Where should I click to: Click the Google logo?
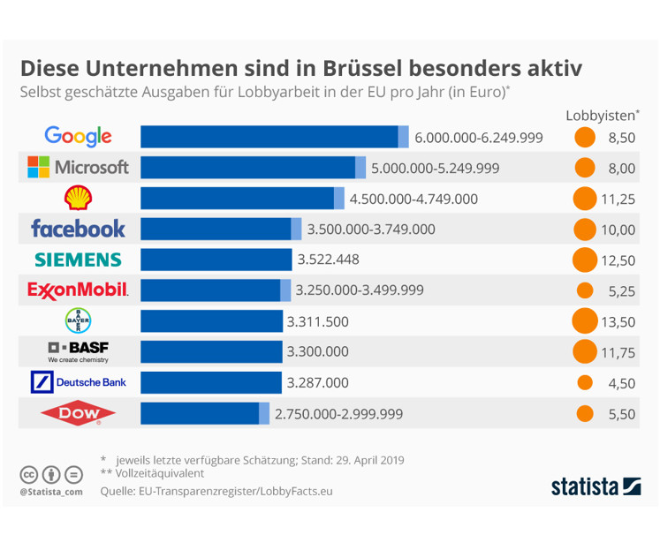pos(78,137)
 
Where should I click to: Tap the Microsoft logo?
pos(78,167)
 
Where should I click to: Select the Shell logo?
pos(78,198)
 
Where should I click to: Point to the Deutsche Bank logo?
pos(78,382)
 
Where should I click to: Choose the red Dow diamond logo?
pos(78,413)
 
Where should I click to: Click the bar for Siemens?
pos(216,260)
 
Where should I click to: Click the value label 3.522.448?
pos(329,260)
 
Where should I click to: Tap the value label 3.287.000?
pos(317,382)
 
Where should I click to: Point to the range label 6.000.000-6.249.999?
pos(478,138)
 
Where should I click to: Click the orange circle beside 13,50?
pos(584,321)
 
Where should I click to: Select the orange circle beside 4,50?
pos(584,382)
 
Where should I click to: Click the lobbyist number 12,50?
pos(618,260)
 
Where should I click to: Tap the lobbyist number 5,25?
pos(618,290)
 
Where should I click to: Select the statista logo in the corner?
pos(596,486)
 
